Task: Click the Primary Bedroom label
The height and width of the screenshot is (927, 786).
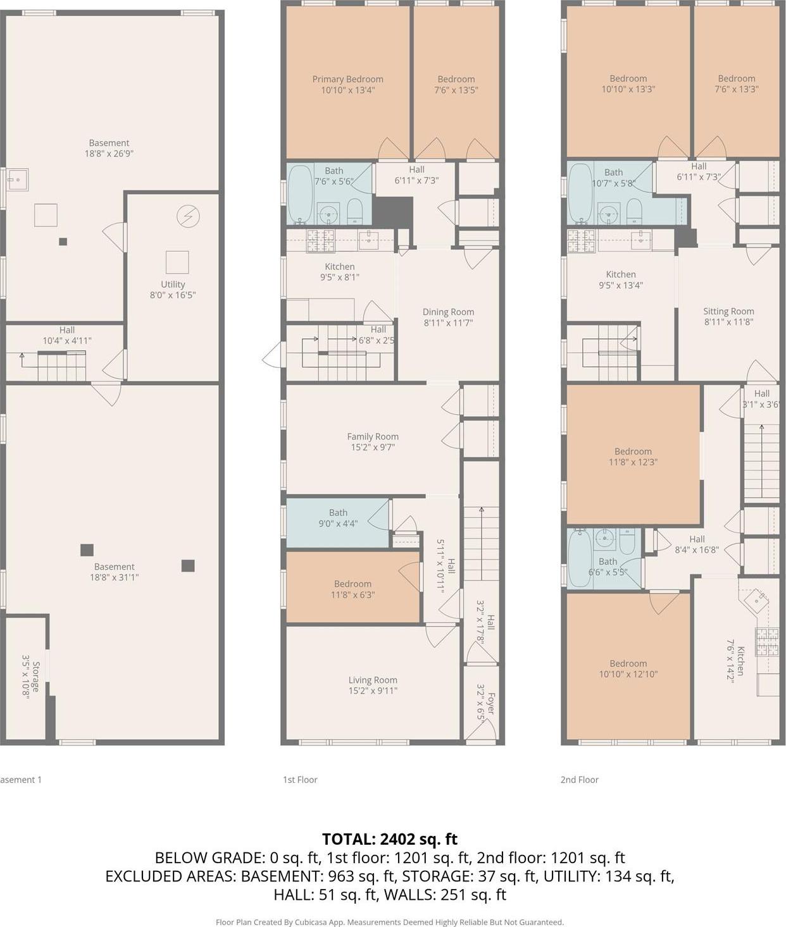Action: click(x=347, y=80)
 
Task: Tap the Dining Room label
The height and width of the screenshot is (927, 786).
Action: click(x=448, y=312)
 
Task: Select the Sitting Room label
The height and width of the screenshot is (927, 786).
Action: click(x=728, y=311)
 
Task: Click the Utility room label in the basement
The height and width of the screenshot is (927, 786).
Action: click(x=173, y=285)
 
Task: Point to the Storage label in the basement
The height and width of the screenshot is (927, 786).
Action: click(x=36, y=677)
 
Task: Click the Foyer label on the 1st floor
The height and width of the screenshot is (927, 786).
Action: click(x=490, y=702)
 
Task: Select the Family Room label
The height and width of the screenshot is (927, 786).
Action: click(x=373, y=436)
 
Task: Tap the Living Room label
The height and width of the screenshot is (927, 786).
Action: click(x=373, y=680)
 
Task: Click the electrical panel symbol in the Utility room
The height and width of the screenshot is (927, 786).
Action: click(x=188, y=217)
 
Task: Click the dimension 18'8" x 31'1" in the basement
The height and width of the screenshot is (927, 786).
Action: click(x=114, y=577)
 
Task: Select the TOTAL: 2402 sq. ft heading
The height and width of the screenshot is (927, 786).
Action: click(x=389, y=839)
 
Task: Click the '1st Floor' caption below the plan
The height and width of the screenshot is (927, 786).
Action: click(x=300, y=780)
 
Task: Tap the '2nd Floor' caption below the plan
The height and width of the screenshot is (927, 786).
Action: click(x=579, y=780)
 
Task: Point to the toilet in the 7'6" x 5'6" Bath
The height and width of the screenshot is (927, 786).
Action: click(x=355, y=212)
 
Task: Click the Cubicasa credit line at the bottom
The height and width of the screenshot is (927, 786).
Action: click(x=389, y=922)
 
